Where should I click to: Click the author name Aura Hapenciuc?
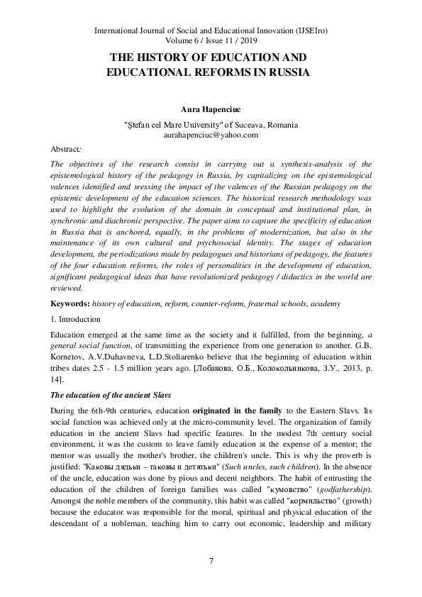pyautogui.click(x=211, y=111)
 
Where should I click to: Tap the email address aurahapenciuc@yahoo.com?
pyautogui.click(x=211, y=134)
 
